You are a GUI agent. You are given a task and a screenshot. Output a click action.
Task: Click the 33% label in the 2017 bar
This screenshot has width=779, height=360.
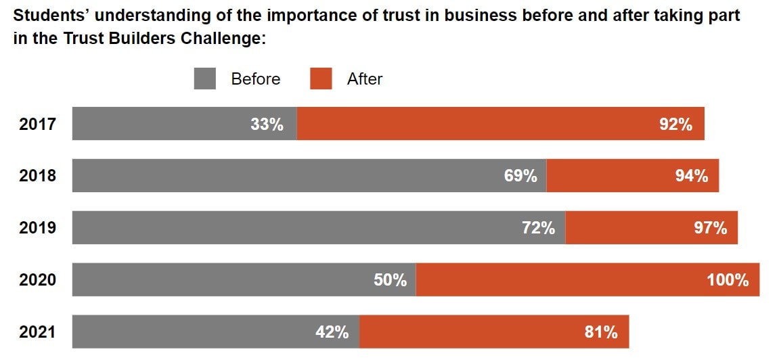267,125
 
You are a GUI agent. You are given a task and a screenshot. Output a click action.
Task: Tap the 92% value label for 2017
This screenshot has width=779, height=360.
675,125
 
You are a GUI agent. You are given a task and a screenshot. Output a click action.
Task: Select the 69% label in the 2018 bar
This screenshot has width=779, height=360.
520,176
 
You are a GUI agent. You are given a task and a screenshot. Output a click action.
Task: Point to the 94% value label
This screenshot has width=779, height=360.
691,176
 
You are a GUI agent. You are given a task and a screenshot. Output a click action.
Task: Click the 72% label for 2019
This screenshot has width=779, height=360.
538,228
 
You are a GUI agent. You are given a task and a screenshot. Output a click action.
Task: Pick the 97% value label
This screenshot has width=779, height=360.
710,228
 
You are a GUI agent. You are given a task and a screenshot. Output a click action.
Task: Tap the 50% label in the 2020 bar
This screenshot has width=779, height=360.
390,279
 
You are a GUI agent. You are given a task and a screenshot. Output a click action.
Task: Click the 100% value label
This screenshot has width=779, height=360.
728,279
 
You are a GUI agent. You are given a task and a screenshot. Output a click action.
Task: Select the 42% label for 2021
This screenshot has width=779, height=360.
332,332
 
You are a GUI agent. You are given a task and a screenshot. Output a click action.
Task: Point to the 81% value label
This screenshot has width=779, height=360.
601,332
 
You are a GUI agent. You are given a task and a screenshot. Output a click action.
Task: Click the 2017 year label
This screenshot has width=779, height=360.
37,125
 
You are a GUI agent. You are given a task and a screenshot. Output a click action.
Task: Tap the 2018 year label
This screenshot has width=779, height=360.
37,176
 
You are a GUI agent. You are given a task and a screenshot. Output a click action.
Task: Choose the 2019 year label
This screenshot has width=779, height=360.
37,228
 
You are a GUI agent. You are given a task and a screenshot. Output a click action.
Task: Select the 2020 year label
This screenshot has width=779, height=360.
37,279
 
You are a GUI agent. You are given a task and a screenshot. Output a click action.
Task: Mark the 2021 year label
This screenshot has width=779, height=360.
37,332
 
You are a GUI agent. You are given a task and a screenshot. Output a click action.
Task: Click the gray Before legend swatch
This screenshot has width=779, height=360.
205,78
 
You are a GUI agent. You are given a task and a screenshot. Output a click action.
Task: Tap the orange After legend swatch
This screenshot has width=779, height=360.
321,78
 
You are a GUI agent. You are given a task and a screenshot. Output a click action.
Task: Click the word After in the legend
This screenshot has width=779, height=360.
365,79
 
